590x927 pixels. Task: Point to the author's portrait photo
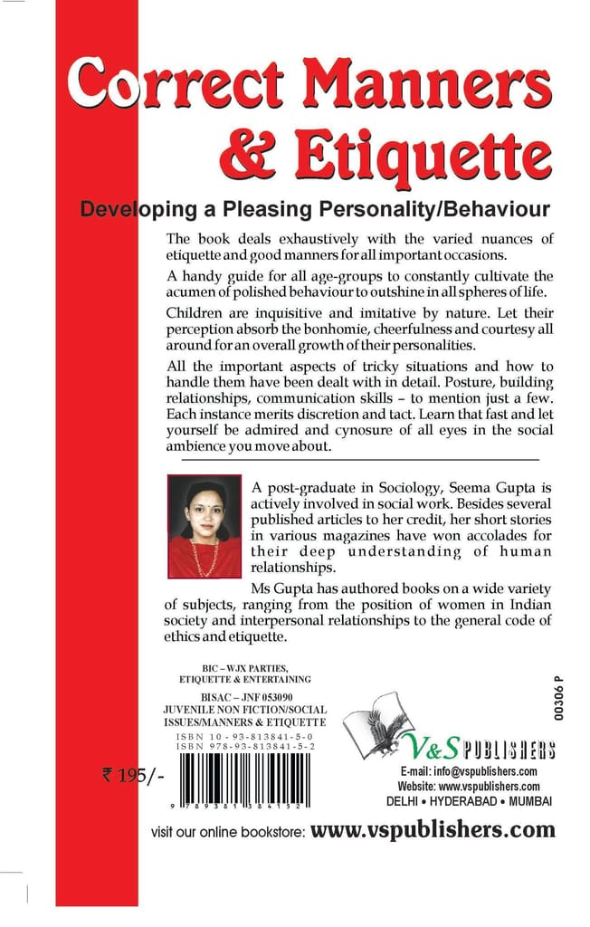pos(205,526)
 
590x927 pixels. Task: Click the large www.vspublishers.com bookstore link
pos(433,829)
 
